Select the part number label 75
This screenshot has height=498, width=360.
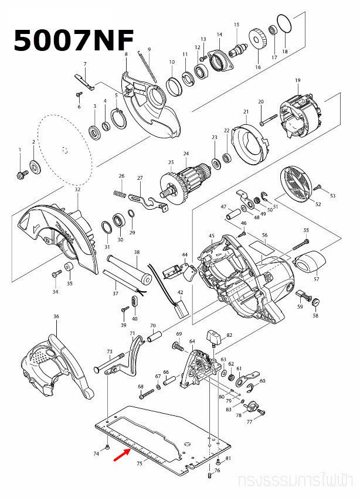(x=139, y=463)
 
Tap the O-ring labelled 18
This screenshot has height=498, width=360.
(x=284, y=25)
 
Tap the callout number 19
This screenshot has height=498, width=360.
(x=297, y=80)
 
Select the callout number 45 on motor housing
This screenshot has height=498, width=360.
(x=212, y=236)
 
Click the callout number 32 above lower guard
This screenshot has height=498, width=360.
(x=77, y=190)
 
